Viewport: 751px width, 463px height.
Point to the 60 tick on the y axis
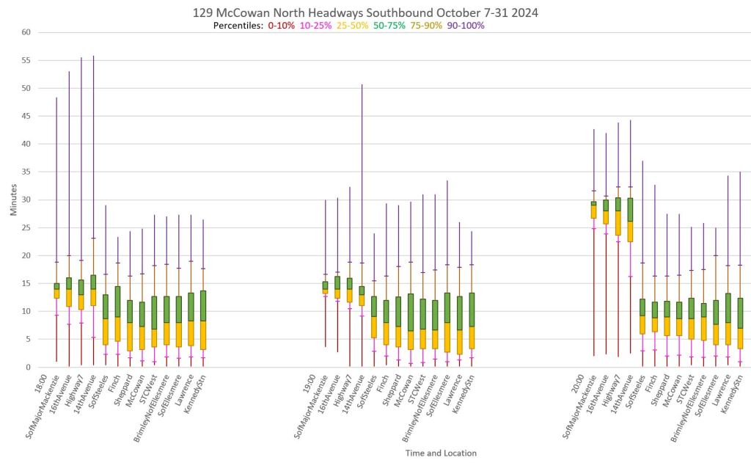click(26, 32)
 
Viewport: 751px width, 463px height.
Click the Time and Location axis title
click(440, 453)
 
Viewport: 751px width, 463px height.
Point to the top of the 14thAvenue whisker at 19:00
click(362, 84)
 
